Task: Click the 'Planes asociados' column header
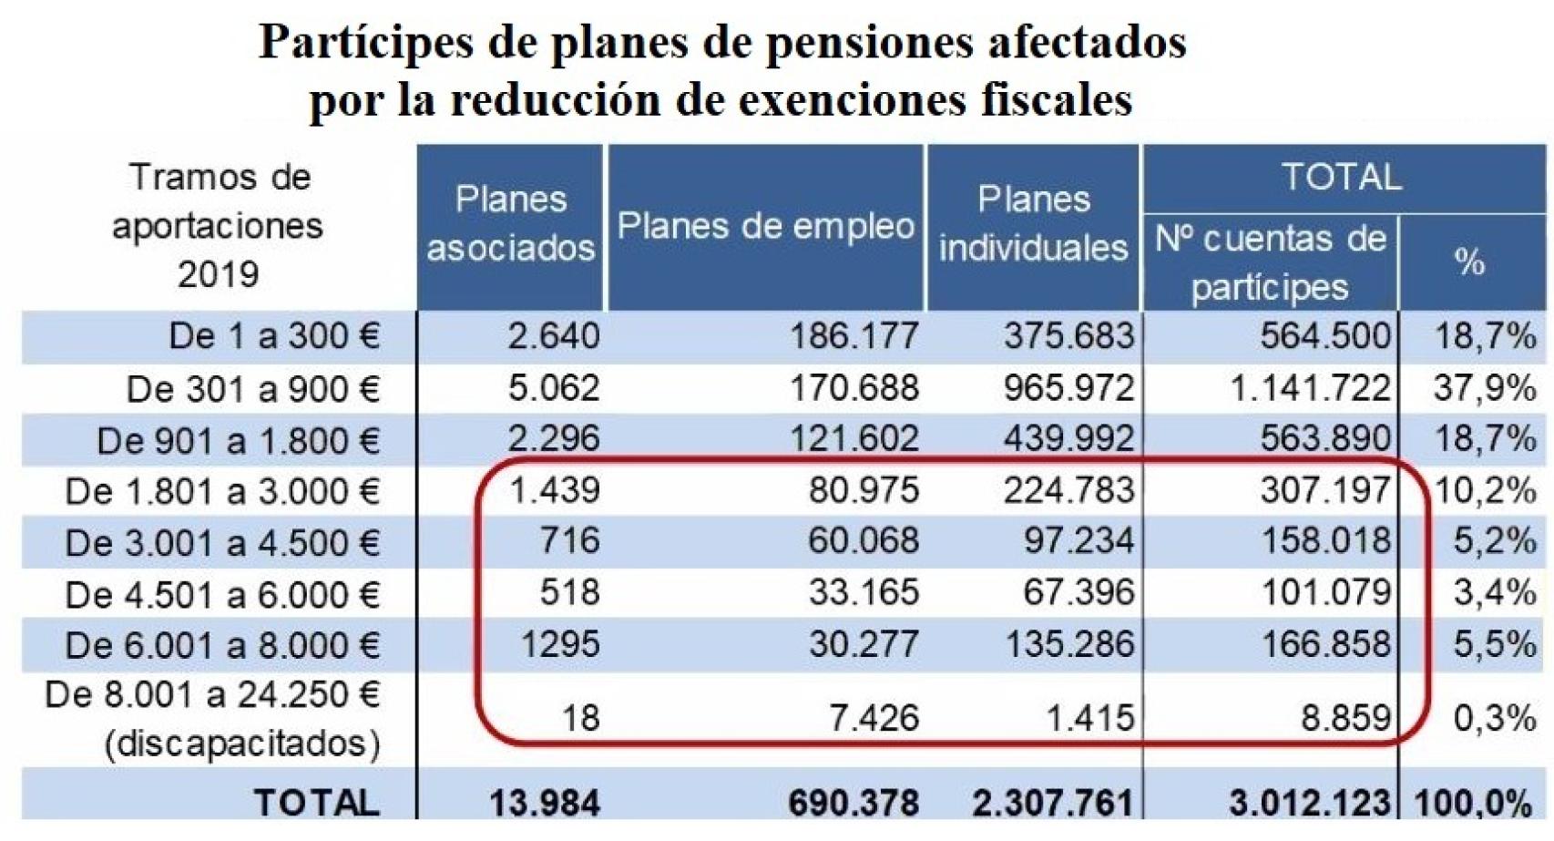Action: tap(510, 224)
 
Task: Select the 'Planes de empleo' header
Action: tap(765, 227)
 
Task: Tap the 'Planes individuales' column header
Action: tap(1033, 224)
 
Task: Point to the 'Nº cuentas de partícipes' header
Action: tap(1270, 263)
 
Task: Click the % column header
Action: tap(1470, 263)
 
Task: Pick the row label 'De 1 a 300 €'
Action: tap(274, 337)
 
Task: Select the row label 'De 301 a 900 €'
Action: tap(253, 390)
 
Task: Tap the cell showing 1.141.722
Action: tap(1310, 389)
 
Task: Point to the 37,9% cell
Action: tap(1485, 389)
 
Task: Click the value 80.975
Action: tap(864, 491)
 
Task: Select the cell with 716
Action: tap(569, 541)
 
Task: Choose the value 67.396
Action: tap(1079, 593)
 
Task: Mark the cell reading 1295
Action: tap(559, 645)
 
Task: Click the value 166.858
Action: tap(1325, 645)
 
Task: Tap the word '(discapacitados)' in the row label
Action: tap(242, 744)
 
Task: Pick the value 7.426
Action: tap(874, 719)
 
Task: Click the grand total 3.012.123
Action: tap(1310, 804)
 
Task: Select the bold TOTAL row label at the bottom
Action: tap(316, 804)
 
